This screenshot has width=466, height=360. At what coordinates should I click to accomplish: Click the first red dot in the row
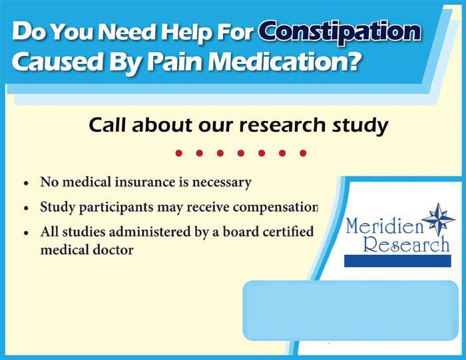click(x=178, y=153)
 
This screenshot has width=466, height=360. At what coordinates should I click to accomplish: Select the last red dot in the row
click(x=303, y=153)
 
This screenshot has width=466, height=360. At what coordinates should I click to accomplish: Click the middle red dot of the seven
click(x=240, y=153)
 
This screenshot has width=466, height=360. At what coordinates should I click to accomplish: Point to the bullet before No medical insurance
click(x=25, y=182)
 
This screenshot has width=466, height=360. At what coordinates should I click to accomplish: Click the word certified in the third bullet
click(x=284, y=234)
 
